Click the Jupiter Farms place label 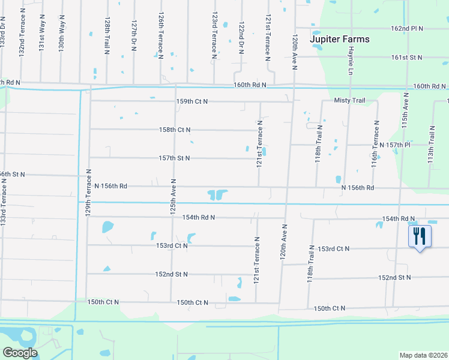tap(339, 40)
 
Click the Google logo tap(20, 353)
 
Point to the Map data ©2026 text tap(423, 355)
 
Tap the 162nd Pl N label tap(407, 28)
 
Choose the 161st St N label tap(407, 57)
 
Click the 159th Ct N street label tap(191, 101)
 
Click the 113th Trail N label tap(431, 145)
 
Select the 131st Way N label tap(42, 36)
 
